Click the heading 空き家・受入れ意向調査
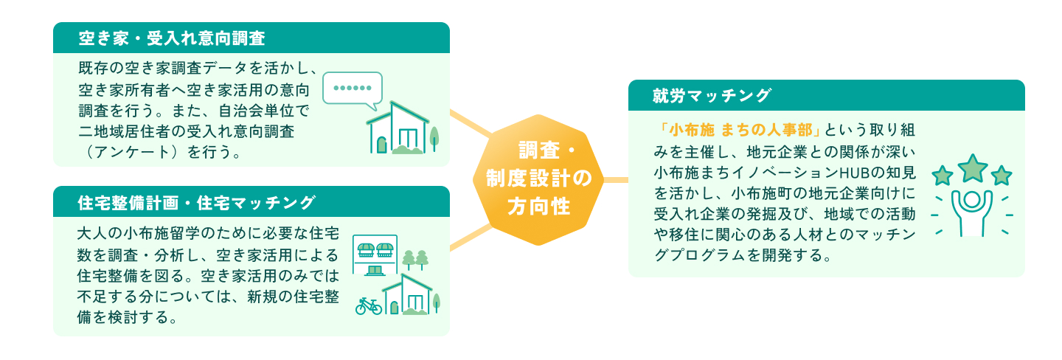tap(171, 38)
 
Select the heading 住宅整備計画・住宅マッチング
tap(196, 201)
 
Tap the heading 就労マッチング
tap(711, 95)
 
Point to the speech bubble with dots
tap(353, 88)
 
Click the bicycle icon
tap(368, 305)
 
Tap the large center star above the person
tap(973, 167)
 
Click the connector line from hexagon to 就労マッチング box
tap(616, 179)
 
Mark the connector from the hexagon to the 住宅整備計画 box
tap(469, 237)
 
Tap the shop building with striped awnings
tap(375, 255)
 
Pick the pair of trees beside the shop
tap(415, 260)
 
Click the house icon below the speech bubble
tap(398, 128)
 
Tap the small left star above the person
tap(942, 176)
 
